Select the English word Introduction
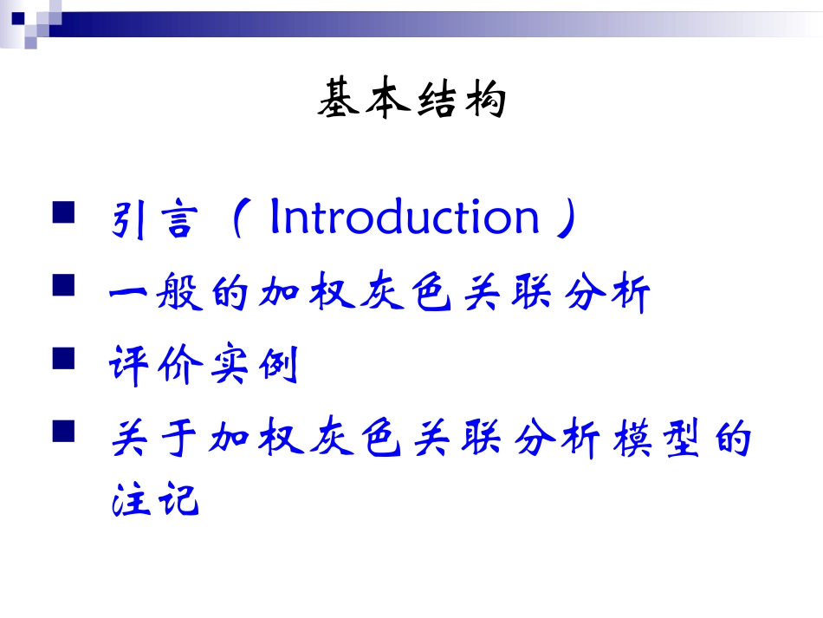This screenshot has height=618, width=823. pos(405,218)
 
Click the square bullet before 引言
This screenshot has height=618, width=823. pos(64,213)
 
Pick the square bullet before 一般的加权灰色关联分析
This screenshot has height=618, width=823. pos(64,287)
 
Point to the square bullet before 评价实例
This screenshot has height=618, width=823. pos(64,358)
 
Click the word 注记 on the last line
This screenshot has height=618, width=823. pos(156,501)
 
